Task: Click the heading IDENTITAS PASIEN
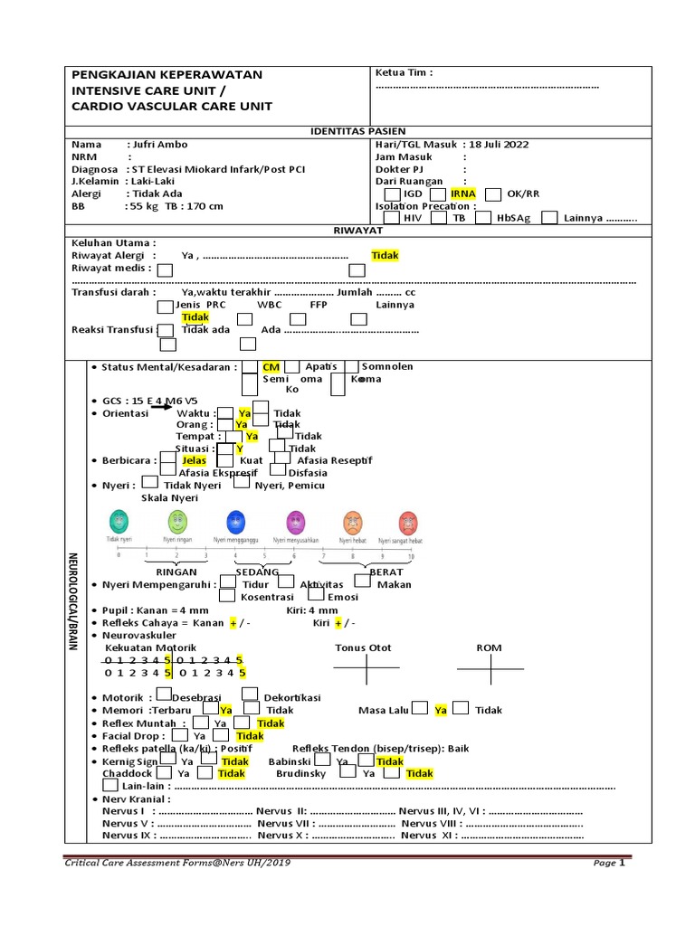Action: tap(359, 131)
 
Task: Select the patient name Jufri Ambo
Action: tap(162, 144)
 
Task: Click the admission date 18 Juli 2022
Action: tap(499, 144)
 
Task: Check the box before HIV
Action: tap(392, 218)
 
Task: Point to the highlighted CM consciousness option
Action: tap(271, 367)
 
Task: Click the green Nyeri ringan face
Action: tap(177, 522)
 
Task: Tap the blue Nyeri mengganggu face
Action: tap(236, 522)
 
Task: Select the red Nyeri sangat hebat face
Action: tap(409, 522)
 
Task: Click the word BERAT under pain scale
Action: tap(386, 572)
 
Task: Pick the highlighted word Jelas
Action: tap(194, 460)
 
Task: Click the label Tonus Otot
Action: tap(363, 647)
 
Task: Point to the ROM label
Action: tap(489, 647)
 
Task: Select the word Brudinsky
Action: tap(301, 774)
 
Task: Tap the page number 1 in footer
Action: tap(623, 863)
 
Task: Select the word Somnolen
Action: tap(387, 367)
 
